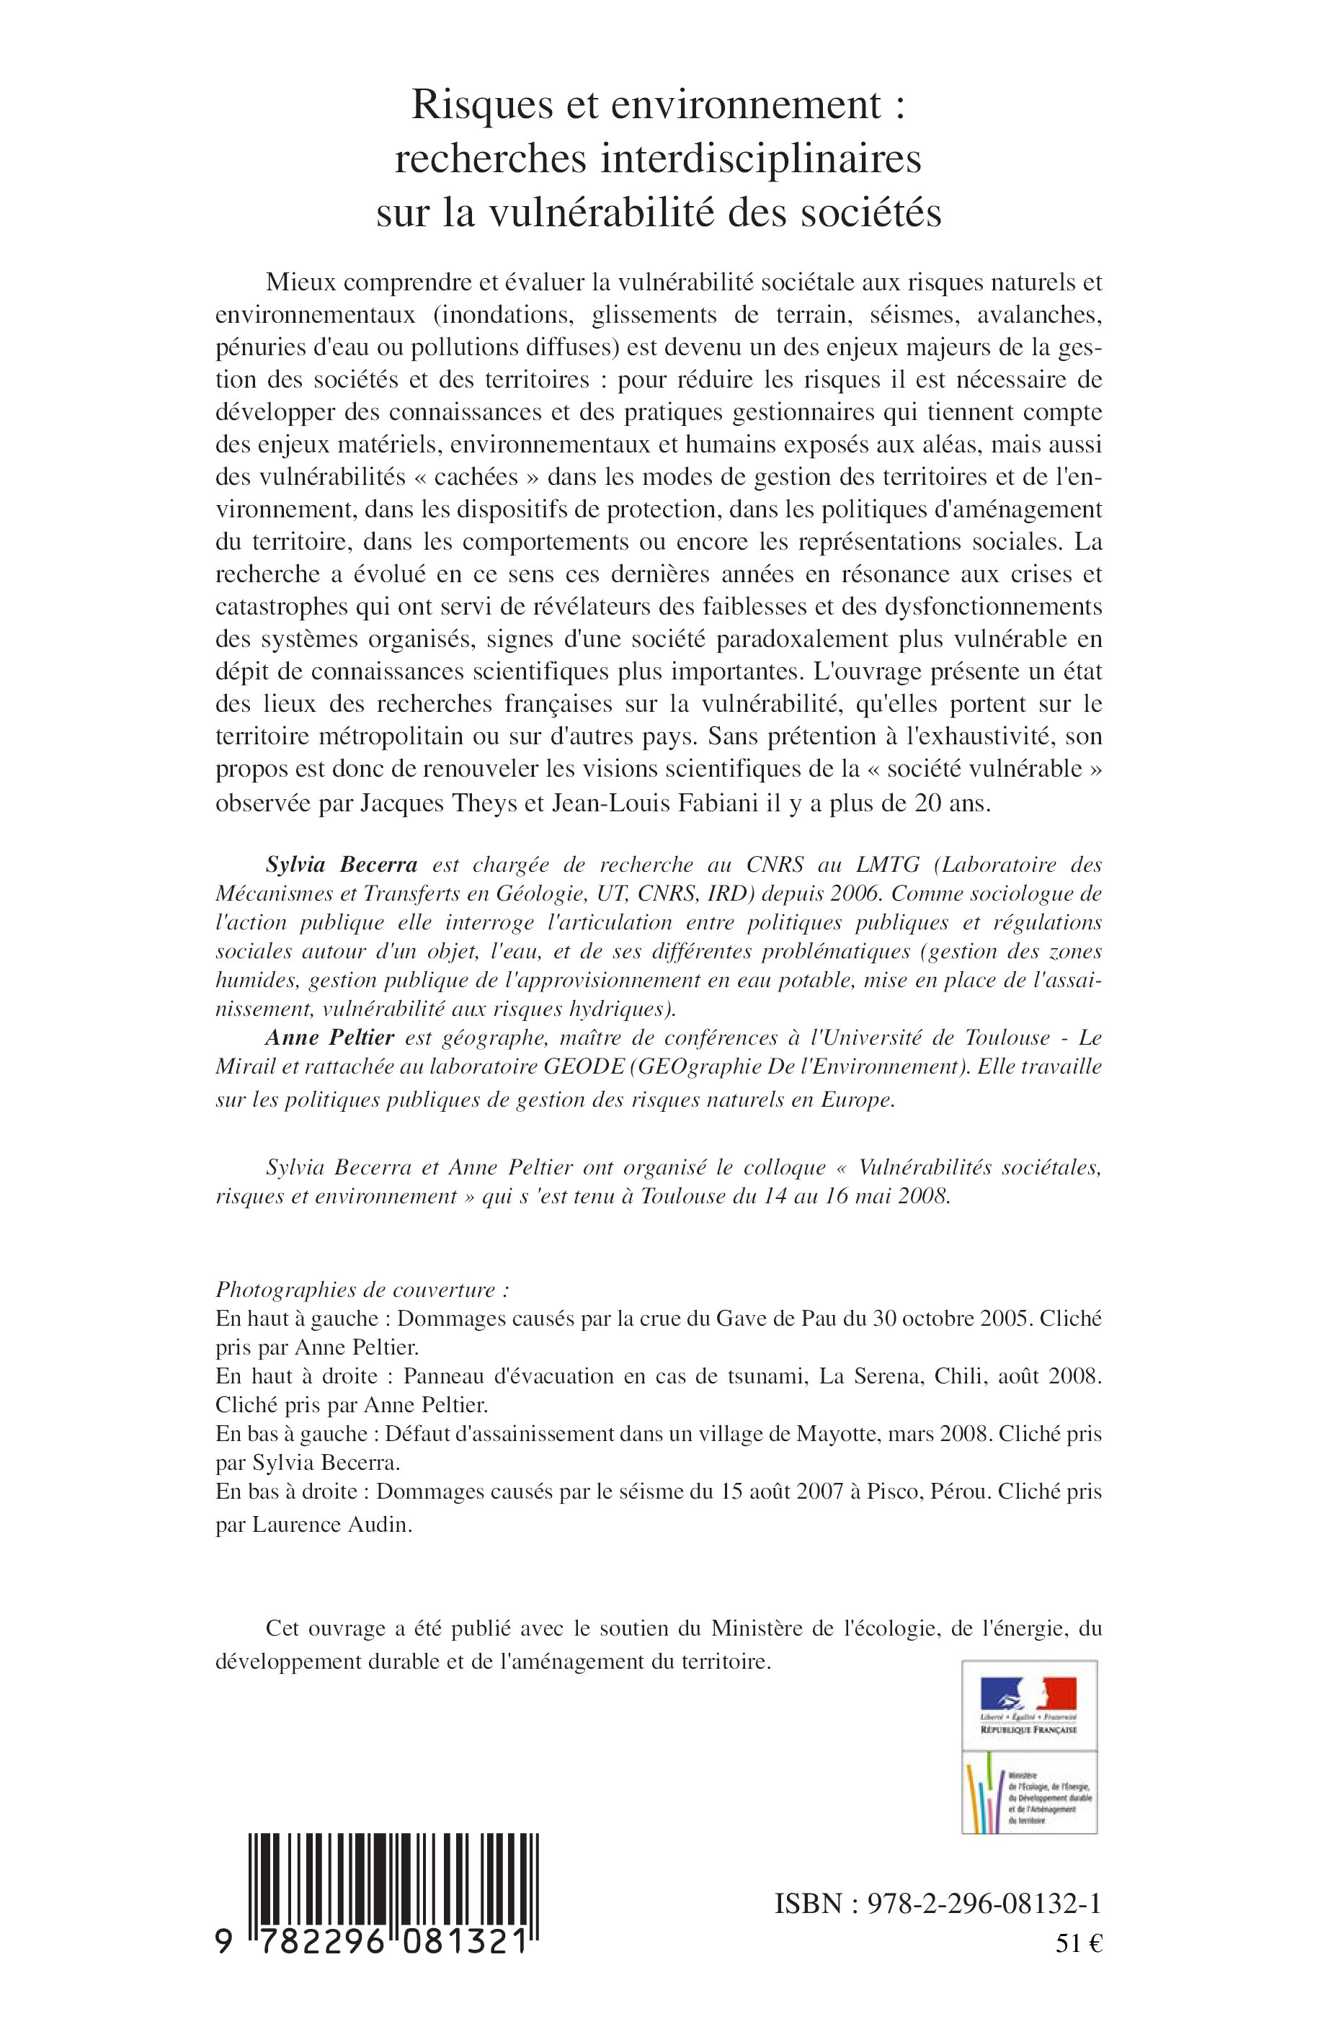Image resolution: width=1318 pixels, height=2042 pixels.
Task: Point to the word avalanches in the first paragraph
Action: [1034, 315]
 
